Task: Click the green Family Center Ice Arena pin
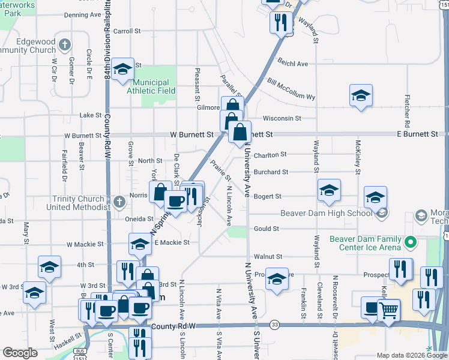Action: click(411, 243)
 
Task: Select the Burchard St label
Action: click(271, 172)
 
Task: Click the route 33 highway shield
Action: click(274, 324)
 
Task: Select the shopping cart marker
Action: click(390, 310)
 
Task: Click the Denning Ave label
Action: click(83, 14)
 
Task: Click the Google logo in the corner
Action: click(20, 353)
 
